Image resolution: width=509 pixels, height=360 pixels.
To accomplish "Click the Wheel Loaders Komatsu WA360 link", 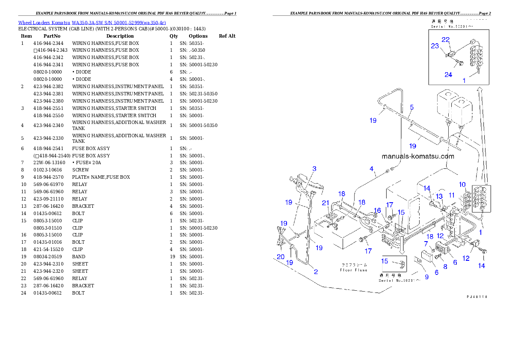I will click(92, 22).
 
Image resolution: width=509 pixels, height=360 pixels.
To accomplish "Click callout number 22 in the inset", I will click(446, 39).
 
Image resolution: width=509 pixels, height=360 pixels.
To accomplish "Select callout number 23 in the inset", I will click(435, 46).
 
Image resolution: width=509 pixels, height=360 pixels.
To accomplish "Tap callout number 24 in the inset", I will click(448, 75).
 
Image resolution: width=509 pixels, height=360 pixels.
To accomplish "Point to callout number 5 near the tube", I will click(411, 107).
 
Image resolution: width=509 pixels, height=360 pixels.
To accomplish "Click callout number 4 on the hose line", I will click(372, 168).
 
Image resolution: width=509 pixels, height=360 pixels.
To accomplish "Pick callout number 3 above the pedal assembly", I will click(314, 169).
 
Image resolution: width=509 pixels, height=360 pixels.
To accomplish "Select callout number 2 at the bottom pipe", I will click(316, 271).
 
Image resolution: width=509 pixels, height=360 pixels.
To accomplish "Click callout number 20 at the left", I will click(281, 257).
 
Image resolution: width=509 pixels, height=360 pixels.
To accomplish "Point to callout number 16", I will click(377, 210).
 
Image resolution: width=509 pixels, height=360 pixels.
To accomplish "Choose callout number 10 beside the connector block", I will click(462, 184).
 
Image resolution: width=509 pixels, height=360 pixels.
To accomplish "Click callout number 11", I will click(452, 195).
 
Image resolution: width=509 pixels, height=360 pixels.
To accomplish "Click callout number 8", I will click(445, 266).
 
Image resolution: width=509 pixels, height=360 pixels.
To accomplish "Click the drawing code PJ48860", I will click(477, 296).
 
